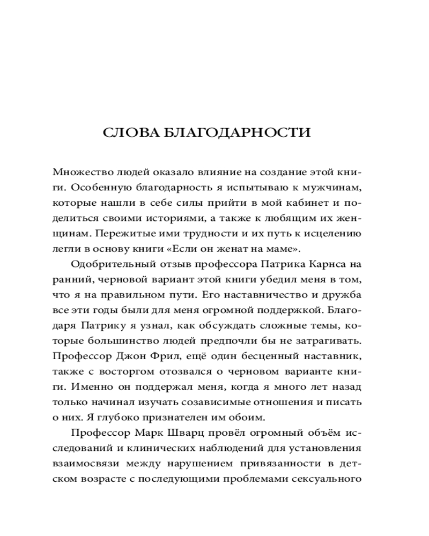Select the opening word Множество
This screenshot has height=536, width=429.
(78, 173)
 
